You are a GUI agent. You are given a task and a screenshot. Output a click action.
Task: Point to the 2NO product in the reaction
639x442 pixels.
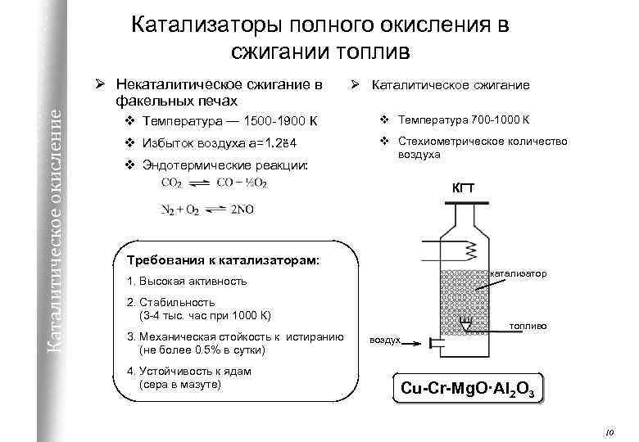click(x=242, y=210)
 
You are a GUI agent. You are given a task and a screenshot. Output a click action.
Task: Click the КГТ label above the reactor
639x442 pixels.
click(x=464, y=191)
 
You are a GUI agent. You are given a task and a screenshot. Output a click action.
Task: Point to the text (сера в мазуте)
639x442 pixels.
click(x=181, y=384)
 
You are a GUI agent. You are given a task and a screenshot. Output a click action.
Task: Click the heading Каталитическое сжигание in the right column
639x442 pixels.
click(x=451, y=84)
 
